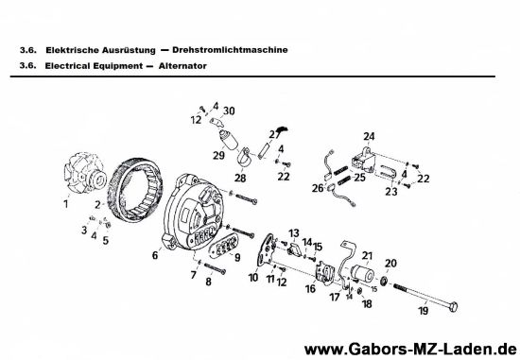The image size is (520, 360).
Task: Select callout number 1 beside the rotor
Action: click(x=66, y=203)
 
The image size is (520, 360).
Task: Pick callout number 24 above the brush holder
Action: click(x=369, y=136)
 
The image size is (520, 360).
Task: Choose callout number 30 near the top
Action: click(x=230, y=110)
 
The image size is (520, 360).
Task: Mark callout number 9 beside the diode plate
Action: click(x=236, y=257)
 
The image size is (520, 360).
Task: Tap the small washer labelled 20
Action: click(x=387, y=283)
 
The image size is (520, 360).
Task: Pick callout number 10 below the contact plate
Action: click(x=253, y=278)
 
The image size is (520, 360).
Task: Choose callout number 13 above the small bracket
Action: click(x=294, y=232)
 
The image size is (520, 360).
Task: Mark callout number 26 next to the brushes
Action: click(x=319, y=188)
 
